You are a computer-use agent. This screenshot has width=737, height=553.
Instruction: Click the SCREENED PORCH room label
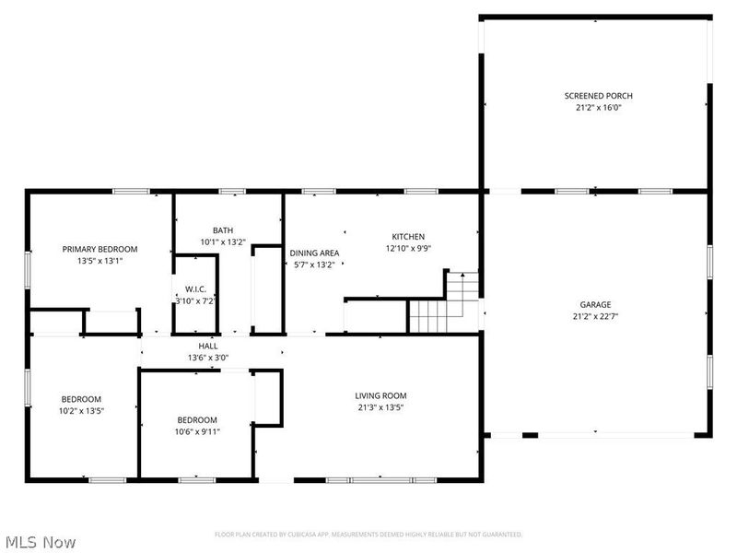click(598, 95)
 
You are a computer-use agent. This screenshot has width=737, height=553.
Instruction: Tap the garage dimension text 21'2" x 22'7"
click(595, 316)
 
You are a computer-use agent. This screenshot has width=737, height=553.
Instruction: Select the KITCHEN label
click(407, 236)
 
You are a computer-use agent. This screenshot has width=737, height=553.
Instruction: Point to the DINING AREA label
click(314, 253)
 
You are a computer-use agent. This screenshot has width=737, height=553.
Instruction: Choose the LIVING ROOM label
click(380, 395)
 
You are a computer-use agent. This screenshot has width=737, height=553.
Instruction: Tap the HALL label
click(208, 346)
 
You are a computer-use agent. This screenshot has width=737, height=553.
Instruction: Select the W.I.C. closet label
click(194, 288)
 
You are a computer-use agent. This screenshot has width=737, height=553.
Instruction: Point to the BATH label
click(223, 230)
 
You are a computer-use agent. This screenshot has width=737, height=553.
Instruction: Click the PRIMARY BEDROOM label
click(99, 249)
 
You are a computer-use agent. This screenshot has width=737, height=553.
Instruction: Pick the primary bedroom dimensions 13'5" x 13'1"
click(99, 260)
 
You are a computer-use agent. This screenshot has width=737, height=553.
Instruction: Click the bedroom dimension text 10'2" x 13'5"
click(81, 410)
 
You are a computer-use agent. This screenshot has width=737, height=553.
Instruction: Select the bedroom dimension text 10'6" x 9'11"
click(197, 430)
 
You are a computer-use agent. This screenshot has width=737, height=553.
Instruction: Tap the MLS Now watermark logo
click(39, 541)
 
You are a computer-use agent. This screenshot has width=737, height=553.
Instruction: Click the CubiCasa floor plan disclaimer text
click(368, 535)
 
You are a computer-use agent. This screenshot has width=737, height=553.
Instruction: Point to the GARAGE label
click(595, 304)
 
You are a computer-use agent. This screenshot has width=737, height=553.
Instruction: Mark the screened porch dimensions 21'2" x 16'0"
click(598, 107)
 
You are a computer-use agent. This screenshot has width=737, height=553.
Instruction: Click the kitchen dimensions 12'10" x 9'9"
click(407, 248)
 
